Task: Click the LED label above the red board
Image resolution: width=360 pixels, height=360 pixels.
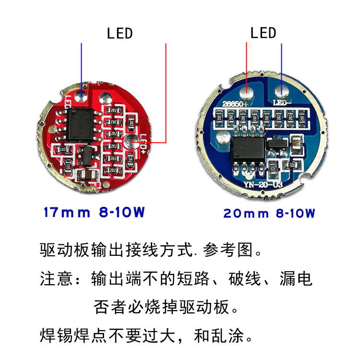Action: coord(119,34)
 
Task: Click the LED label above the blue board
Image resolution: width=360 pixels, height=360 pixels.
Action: coord(263,33)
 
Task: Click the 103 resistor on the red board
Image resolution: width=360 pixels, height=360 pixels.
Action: coord(62,150)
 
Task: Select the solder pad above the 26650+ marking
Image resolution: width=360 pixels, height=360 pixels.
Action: coord(247,90)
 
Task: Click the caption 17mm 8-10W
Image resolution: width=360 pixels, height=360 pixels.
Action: coord(94,212)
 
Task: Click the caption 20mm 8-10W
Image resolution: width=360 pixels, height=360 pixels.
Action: coord(269,213)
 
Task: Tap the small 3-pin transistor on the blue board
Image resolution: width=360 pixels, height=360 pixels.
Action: coord(276,143)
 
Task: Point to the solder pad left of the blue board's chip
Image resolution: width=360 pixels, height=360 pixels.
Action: coord(222,140)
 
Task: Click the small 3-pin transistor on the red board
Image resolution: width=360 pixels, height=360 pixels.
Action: coord(87,155)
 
